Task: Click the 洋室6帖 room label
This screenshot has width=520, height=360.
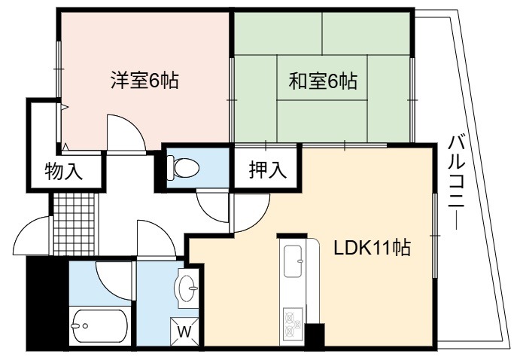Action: pos(144,81)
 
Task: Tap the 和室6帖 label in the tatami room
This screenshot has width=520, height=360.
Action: pos(323,81)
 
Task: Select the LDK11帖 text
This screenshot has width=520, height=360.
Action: pos(372,248)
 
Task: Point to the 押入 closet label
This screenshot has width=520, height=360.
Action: pos(268,169)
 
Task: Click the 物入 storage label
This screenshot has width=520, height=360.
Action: pos(64,171)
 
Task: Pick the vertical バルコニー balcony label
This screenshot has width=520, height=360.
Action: pos(456,182)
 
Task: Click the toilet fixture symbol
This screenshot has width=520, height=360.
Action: pos(183,167)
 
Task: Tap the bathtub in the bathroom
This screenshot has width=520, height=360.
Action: pos(99,326)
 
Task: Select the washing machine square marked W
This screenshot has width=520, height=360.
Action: pos(184,332)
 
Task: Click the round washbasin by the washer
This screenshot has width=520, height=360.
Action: pos(187,288)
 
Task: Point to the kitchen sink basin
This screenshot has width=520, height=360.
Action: pos(293,261)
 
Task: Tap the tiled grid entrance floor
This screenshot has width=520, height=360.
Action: pos(74,224)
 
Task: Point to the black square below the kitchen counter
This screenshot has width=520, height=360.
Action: pos(315,336)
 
